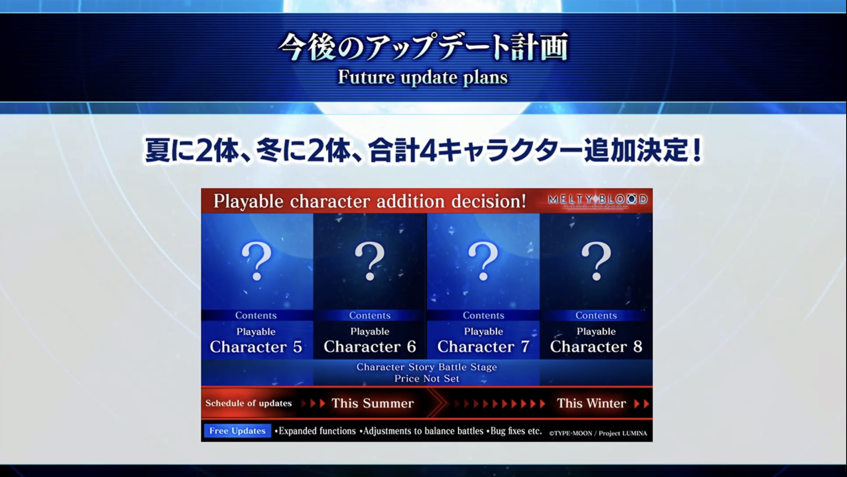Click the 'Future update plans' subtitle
pos(423,77)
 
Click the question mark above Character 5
pos(256,261)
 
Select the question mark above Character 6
pos(370,261)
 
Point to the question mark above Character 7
pos(483,261)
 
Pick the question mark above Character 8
pos(596,261)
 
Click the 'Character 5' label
pos(256,347)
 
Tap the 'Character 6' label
pos(370,347)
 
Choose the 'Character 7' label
pos(483,347)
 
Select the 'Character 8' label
pos(596,347)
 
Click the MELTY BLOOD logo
pos(598,200)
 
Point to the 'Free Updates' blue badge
pos(237,431)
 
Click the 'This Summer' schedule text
pos(373,403)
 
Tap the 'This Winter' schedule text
pos(591,403)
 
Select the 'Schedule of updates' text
pos(249,403)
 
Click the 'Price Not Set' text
pos(427,378)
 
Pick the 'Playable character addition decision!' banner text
pos(370,201)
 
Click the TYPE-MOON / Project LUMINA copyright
pos(598,433)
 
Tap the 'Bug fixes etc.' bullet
pos(514,431)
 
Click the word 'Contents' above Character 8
pos(596,315)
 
